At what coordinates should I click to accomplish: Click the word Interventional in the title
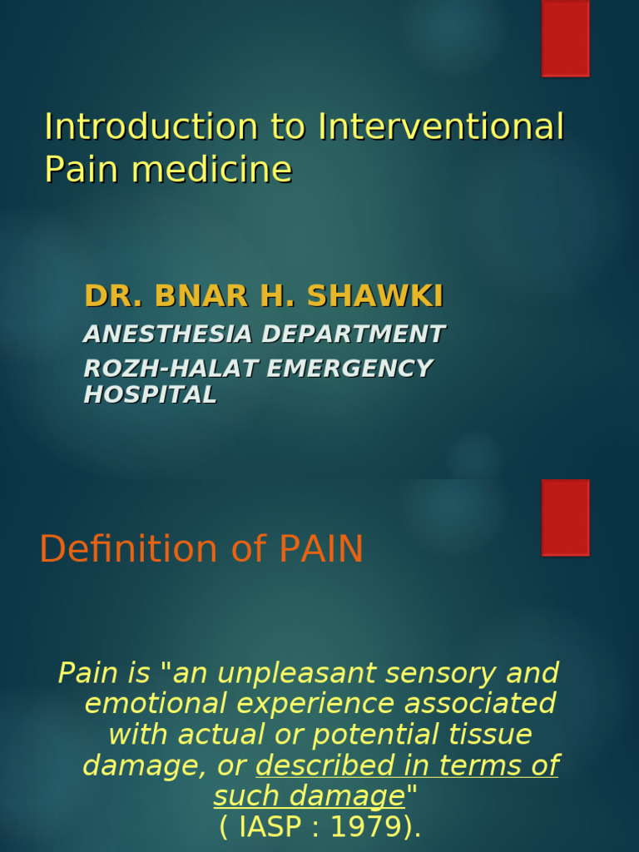tap(441, 127)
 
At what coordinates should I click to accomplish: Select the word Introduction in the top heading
tap(151, 127)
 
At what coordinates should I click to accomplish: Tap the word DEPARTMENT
tap(354, 334)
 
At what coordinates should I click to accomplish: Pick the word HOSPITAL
tap(151, 395)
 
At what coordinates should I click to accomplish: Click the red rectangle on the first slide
tap(565, 38)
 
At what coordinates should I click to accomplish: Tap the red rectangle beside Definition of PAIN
tap(565, 517)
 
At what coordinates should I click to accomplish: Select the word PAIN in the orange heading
tap(321, 549)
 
